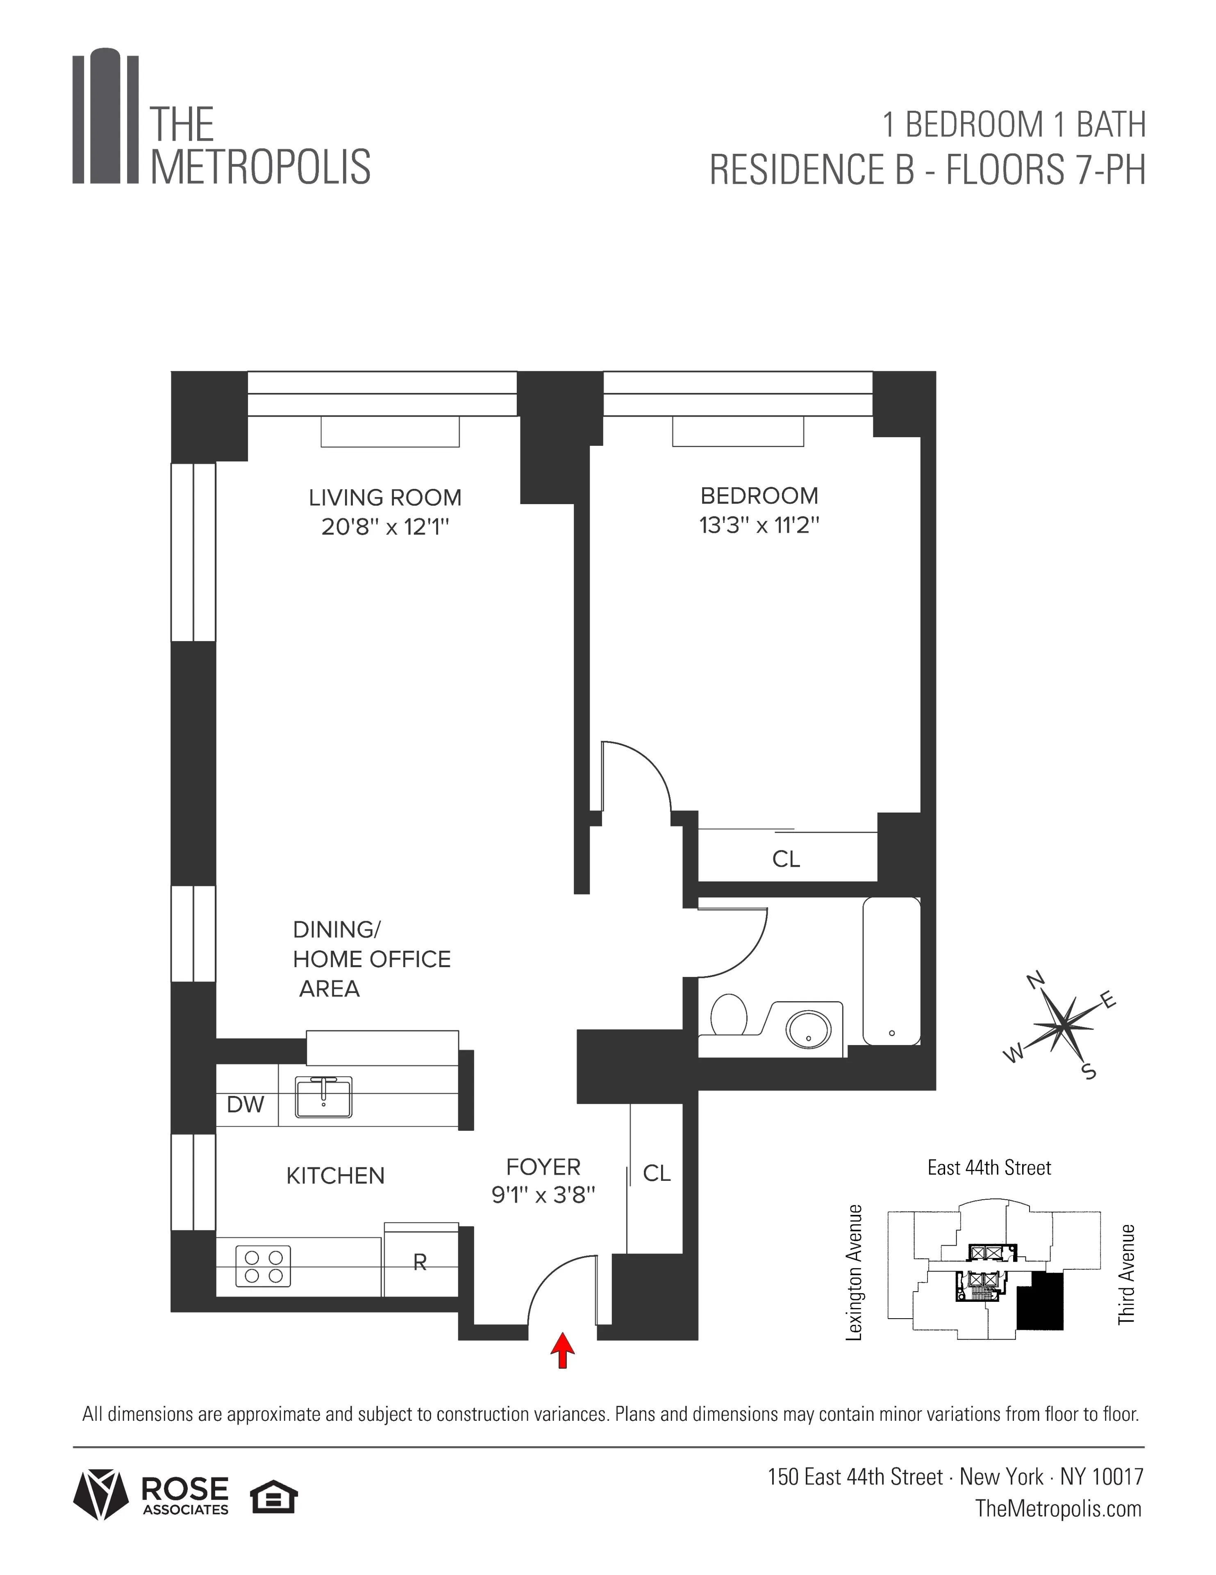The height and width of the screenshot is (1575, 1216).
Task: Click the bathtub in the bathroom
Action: pyautogui.click(x=892, y=970)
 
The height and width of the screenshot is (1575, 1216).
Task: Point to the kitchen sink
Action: pyautogui.click(x=324, y=1097)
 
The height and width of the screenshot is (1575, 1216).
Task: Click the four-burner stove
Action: pyautogui.click(x=263, y=1266)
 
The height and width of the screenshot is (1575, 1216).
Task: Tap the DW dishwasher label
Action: pyautogui.click(x=246, y=1104)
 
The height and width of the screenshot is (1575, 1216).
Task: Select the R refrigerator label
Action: pyautogui.click(x=420, y=1262)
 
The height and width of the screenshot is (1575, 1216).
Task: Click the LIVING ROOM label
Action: pyautogui.click(x=385, y=498)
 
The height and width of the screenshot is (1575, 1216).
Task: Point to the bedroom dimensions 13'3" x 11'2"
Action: pyautogui.click(x=759, y=525)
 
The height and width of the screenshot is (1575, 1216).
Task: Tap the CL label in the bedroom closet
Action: pyautogui.click(x=786, y=859)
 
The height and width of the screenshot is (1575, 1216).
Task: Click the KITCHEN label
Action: pyautogui.click(x=335, y=1176)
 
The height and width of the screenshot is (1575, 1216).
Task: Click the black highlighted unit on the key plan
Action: pyautogui.click(x=1040, y=1300)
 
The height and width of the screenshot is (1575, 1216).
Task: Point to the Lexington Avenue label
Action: pyautogui.click(x=854, y=1272)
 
